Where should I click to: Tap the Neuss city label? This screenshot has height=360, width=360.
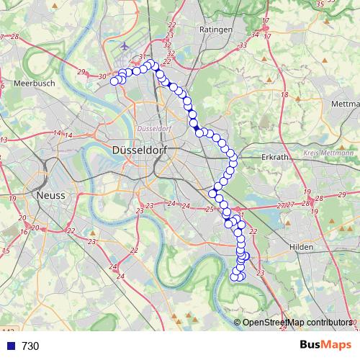pos(50,195)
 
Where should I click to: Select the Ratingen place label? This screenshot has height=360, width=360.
pos(217,30)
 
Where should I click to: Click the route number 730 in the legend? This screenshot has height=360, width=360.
pos(30,346)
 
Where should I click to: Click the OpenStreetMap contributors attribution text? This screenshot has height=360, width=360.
pos(297,323)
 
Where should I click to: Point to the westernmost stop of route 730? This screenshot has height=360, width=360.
pos(114,81)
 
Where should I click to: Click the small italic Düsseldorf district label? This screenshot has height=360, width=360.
pos(152,128)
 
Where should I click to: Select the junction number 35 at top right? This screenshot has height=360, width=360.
pos(319,4)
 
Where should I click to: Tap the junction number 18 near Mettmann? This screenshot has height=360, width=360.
pos(285,95)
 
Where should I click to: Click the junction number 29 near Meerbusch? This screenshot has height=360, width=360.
pos(81,72)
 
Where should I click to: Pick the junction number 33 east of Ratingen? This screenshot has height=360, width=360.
pos(243,45)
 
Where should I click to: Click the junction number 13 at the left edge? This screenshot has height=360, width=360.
pos(4,140)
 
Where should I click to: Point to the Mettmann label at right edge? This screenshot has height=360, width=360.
pos(345,104)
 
